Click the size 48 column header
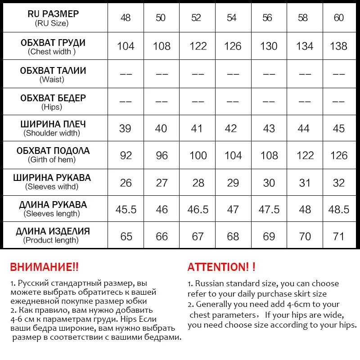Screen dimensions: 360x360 pyautogui.click(x=126, y=18)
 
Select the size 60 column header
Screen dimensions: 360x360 pyautogui.click(x=339, y=18)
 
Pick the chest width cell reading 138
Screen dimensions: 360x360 pyautogui.click(x=339, y=46)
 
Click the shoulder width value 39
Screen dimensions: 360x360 pyautogui.click(x=126, y=128)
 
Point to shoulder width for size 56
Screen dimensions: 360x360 pyautogui.click(x=269, y=128)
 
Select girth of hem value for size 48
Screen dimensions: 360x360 pyautogui.click(x=126, y=155)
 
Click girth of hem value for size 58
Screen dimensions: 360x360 pyautogui.click(x=305, y=155)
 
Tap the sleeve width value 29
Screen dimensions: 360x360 pyautogui.click(x=233, y=183)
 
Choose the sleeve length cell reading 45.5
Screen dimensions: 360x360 pyautogui.click(x=126, y=210)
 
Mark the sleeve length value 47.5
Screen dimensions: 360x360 pyautogui.click(x=269, y=210)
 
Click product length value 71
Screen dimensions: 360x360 pyautogui.click(x=339, y=236)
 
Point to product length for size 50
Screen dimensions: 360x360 pyautogui.click(x=162, y=236)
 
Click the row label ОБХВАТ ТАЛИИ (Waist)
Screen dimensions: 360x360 pyautogui.click(x=53, y=75)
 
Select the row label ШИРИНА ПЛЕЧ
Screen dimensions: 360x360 pyautogui.click(x=53, y=124)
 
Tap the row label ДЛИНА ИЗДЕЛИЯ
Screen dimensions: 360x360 pyautogui.click(x=53, y=232)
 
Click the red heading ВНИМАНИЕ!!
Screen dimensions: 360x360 pyautogui.click(x=44, y=267)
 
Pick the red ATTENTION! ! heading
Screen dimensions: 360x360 pyautogui.click(x=221, y=267)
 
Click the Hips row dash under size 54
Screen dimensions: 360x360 pyautogui.click(x=233, y=102)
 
